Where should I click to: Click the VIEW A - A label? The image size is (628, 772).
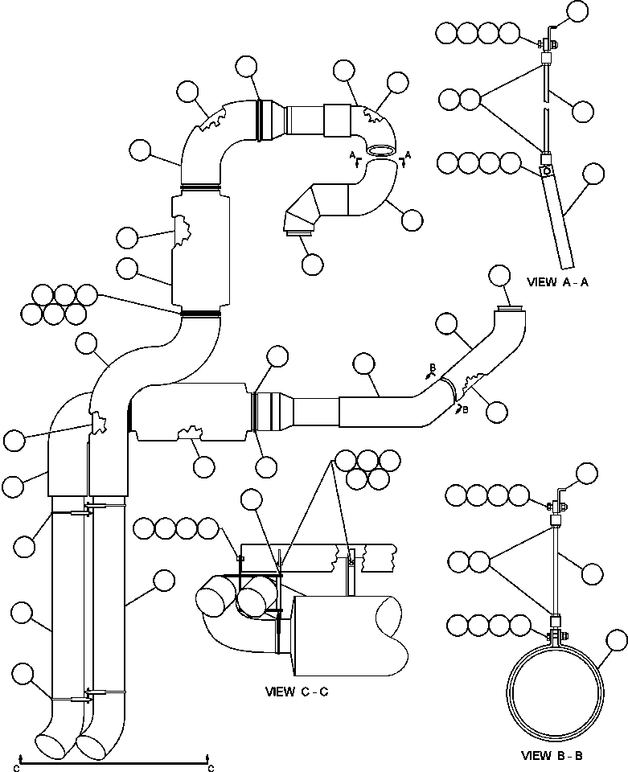(x=557, y=282)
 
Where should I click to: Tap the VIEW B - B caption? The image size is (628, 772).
(x=552, y=755)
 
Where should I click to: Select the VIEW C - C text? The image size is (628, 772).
(x=297, y=692)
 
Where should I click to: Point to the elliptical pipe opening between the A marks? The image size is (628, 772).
(x=381, y=151)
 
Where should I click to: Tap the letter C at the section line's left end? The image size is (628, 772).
(x=16, y=768)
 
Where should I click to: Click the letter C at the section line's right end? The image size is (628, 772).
(x=211, y=768)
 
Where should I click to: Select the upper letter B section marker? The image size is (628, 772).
(x=432, y=368)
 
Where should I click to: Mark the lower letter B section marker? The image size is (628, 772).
(x=466, y=409)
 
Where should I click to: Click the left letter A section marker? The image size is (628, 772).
(x=352, y=155)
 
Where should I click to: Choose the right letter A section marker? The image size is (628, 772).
(x=408, y=155)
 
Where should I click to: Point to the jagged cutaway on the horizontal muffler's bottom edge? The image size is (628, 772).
(x=191, y=433)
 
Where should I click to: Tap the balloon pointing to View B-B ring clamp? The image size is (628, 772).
(x=617, y=642)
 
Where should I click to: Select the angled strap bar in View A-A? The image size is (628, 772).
(x=558, y=222)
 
